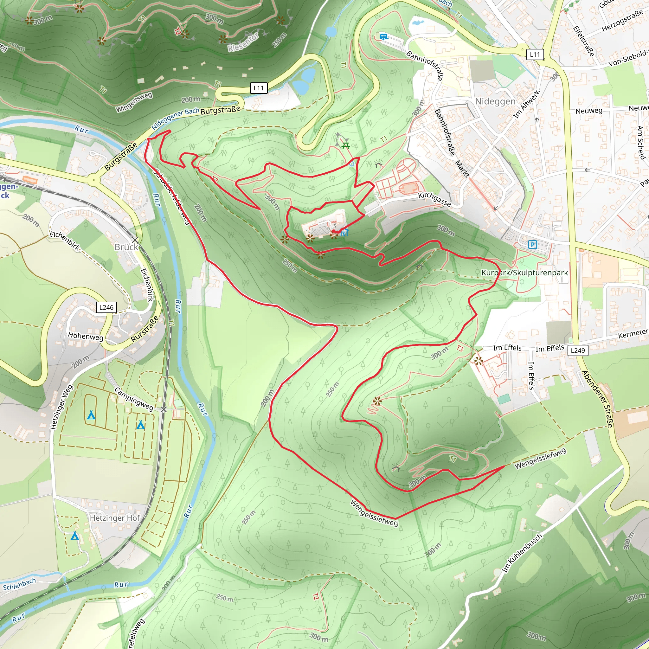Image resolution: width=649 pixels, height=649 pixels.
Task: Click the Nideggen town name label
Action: [495, 101]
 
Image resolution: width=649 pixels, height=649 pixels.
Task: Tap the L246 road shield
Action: [106, 307]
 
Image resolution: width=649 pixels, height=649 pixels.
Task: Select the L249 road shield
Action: [578, 350]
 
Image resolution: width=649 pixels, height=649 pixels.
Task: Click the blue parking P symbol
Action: [532, 245]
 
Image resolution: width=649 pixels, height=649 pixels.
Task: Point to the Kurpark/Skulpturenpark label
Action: [524, 273]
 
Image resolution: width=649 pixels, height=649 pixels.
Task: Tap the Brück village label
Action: [126, 247]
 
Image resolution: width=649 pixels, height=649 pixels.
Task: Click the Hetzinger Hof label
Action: [114, 518]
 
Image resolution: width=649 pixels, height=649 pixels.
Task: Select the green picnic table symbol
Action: [346, 145]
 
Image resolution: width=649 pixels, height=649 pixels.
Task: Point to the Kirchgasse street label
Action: [434, 199]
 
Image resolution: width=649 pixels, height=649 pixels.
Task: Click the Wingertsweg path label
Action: [134, 102]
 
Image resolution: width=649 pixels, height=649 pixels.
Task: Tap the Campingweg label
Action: [134, 399]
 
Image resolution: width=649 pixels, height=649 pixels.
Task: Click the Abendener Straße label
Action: [597, 399]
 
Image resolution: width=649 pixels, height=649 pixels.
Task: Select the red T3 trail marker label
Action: [460, 349]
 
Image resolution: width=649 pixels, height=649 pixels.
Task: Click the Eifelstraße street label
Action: [583, 41]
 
